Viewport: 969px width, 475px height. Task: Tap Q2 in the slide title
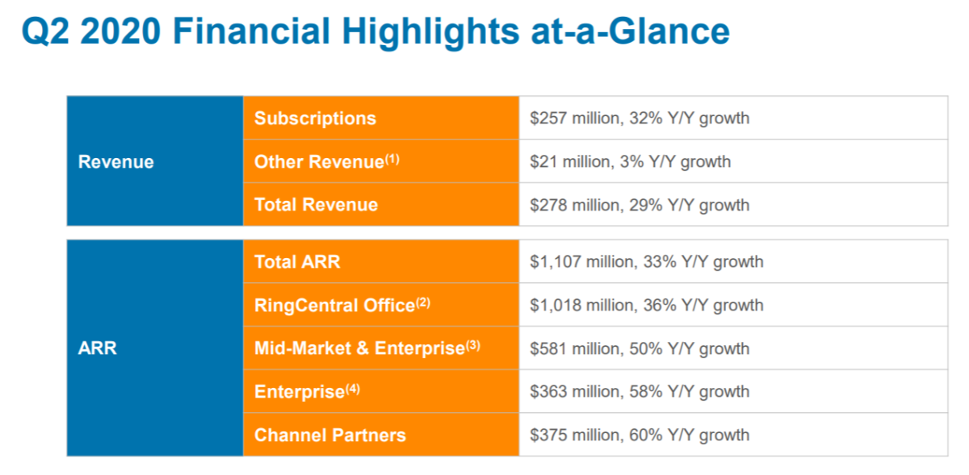45,32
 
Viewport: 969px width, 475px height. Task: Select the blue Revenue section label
115,162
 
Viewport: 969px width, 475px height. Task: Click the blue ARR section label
98,349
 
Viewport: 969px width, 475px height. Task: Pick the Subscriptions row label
315,119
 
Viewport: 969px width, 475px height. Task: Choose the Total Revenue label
316,205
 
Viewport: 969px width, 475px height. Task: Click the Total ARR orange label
297,262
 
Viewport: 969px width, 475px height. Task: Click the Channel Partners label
329,435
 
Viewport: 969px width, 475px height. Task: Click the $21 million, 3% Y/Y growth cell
630,162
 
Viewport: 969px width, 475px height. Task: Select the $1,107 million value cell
646,262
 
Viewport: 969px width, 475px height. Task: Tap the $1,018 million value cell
646,306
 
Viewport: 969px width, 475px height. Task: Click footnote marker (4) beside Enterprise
353,389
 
